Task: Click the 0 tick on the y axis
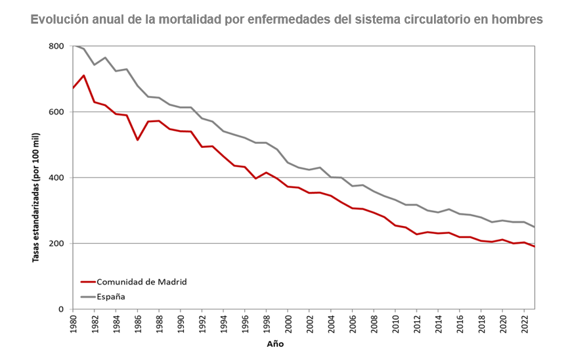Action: (61, 309)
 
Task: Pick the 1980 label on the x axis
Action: (73, 325)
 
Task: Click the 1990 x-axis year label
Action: (181, 325)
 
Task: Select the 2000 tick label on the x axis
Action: (288, 325)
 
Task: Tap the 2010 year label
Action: (395, 325)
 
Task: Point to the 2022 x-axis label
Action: (525, 325)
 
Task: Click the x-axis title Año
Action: (275, 344)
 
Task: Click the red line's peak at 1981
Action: (83, 75)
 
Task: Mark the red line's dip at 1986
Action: (137, 140)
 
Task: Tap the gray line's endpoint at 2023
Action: (535, 227)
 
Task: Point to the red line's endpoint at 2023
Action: (535, 246)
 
